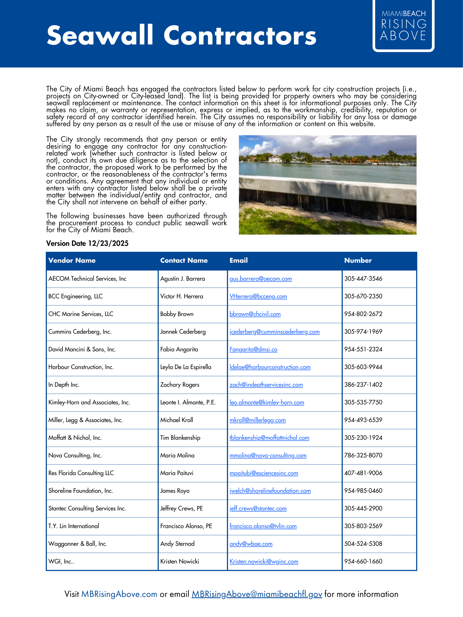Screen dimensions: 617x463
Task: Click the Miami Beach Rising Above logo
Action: (x=403, y=26)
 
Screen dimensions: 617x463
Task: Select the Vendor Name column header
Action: (x=72, y=260)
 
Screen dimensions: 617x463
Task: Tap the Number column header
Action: (x=358, y=260)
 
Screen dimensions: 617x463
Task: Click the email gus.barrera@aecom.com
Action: (x=260, y=279)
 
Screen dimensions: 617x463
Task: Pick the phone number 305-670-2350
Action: (x=363, y=296)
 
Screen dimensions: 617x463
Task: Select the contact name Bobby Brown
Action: (x=177, y=314)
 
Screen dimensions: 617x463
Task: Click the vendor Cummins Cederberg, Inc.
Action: (x=80, y=332)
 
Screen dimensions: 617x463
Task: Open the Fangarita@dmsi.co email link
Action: (x=253, y=349)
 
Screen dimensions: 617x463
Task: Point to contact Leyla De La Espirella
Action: (x=186, y=367)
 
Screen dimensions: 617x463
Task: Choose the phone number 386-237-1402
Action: (x=363, y=385)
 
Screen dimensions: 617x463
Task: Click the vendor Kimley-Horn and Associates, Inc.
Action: (x=89, y=402)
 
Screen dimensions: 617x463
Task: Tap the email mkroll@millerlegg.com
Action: (x=257, y=420)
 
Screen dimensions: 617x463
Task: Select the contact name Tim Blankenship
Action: (x=180, y=438)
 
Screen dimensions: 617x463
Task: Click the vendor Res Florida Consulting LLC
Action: (x=81, y=473)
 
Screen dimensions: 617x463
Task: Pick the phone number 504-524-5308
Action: (x=363, y=544)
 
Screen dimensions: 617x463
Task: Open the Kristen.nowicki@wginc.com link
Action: (x=264, y=561)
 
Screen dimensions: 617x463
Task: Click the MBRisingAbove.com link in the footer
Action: (x=119, y=594)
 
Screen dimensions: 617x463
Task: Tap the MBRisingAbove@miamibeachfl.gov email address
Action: (x=257, y=594)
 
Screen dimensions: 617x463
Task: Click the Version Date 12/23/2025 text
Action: (x=87, y=243)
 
